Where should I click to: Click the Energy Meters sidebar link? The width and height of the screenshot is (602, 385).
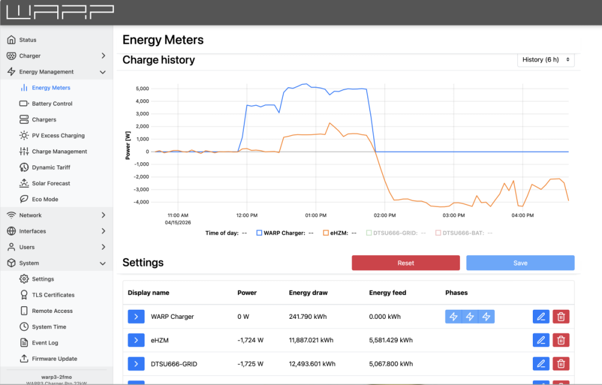pos(51,88)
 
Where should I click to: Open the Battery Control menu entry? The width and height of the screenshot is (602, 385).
pos(52,103)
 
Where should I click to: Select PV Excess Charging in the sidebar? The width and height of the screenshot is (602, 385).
pos(58,135)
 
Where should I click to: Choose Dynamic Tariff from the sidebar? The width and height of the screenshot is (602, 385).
pos(51,167)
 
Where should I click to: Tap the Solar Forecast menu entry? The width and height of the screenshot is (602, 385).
pos(51,183)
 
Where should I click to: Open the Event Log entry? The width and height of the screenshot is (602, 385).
pos(45,343)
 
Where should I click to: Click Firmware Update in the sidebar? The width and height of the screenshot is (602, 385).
pos(54,359)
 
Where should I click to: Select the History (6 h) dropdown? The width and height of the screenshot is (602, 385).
pos(546,60)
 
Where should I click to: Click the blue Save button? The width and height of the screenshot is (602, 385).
pos(520,263)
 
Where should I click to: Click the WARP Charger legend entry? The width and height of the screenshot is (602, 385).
pos(284,233)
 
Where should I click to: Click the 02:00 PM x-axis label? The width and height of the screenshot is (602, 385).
pos(384,215)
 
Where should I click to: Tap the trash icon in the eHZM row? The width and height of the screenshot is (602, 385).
pos(560,340)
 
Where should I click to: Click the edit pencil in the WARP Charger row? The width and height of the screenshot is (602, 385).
pos(541,316)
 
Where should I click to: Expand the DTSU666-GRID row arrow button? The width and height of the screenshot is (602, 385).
pos(136,364)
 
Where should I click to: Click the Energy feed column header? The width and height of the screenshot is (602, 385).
pos(387,293)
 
